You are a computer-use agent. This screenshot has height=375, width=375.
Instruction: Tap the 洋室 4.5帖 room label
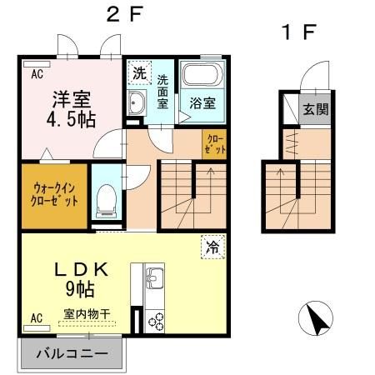[69, 107]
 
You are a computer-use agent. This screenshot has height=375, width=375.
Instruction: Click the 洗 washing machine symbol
[137, 73]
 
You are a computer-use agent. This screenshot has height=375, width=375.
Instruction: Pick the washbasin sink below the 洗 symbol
[138, 104]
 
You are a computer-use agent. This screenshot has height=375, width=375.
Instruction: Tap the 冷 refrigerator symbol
[212, 247]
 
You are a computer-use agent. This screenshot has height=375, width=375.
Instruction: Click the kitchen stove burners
[156, 320]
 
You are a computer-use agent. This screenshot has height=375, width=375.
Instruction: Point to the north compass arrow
[318, 318]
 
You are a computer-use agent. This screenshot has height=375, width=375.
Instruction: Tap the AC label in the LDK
[37, 317]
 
